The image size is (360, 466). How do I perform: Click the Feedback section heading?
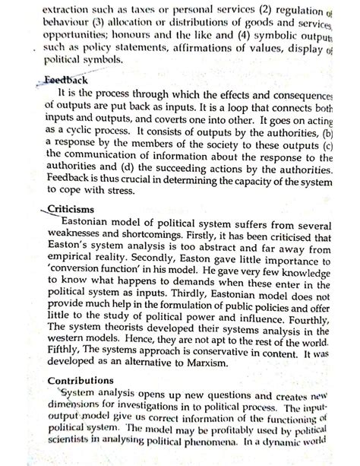coord(68,80)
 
